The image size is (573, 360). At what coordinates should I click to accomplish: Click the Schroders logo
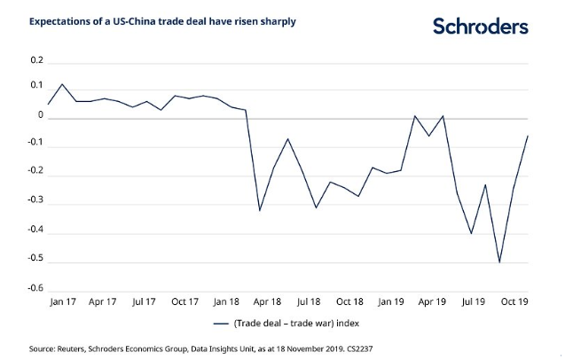tap(481, 26)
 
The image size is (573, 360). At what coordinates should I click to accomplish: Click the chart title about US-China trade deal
tap(163, 20)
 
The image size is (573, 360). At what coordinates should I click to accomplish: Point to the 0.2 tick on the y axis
tap(36, 61)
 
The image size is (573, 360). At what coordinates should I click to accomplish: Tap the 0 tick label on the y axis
tap(40, 116)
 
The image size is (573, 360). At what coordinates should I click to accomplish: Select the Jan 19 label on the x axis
tap(391, 301)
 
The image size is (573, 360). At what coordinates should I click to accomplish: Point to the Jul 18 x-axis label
tap(310, 301)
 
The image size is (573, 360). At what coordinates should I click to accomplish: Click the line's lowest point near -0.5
tap(499, 262)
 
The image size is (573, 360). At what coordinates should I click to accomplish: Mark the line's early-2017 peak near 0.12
tap(62, 84)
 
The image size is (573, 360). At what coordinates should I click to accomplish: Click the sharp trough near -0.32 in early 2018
tap(259, 210)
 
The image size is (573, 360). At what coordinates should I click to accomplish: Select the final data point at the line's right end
tap(527, 135)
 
